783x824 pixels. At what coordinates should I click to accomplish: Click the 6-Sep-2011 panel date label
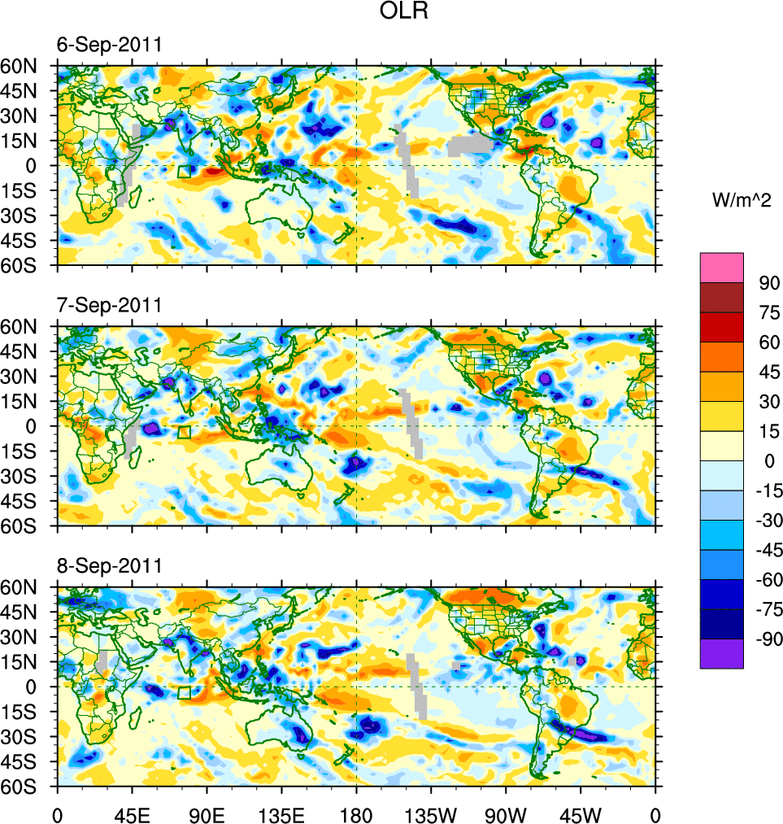tap(108, 45)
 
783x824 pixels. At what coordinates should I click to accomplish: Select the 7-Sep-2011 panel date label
tap(108, 305)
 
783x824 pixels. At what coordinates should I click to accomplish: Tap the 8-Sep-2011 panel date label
tap(108, 565)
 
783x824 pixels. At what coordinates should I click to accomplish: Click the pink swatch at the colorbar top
tap(722, 267)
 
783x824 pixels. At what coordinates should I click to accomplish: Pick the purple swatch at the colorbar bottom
tap(722, 653)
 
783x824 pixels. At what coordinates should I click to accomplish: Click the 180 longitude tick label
tap(356, 813)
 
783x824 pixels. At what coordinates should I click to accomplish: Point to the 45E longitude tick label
tap(132, 813)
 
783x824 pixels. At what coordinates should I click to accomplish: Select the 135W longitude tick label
tap(431, 813)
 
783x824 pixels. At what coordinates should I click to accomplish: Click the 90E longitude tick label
tap(207, 813)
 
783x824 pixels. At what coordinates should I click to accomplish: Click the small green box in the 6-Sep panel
tap(185, 171)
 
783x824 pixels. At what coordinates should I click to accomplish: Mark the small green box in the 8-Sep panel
tap(185, 692)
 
